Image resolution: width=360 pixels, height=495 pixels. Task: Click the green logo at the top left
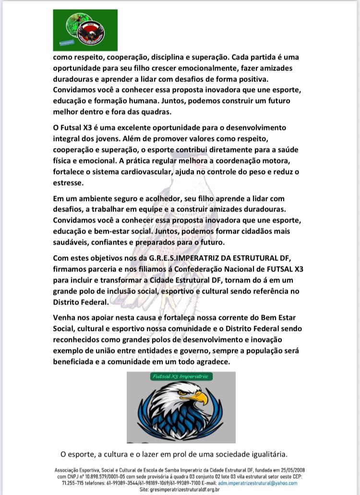point(85,30)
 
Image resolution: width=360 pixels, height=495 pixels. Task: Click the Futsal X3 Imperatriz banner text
point(180,377)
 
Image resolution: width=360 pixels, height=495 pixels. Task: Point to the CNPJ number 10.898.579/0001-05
point(102,477)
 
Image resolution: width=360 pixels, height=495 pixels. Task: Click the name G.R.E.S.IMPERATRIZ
point(181,259)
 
